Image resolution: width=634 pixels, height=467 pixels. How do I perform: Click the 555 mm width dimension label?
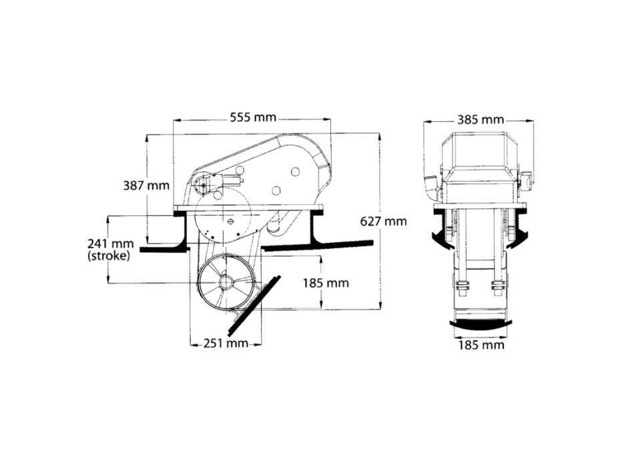point(252,117)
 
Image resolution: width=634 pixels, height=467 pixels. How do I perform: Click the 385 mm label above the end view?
point(480,120)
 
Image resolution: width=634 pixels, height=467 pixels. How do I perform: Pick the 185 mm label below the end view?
point(481,345)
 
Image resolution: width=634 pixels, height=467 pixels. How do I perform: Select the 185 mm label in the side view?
point(326,283)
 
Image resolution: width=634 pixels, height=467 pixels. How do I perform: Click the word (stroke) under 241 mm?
point(109,255)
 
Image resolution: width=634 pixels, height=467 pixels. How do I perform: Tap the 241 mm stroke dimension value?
point(109,243)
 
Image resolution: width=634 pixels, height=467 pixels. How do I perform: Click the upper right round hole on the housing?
point(294,172)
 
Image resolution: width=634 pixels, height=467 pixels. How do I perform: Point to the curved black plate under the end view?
point(481,325)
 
